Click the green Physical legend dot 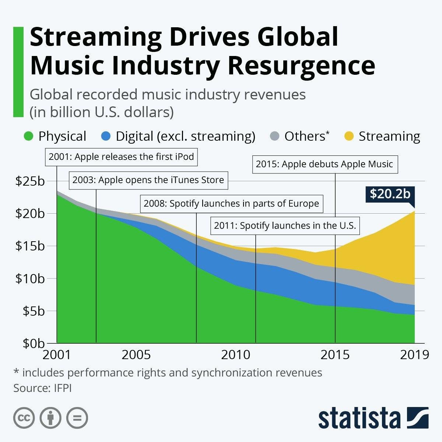29,136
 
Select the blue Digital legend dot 106,136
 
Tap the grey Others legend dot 274,136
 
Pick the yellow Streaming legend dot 349,136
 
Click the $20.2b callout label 390,194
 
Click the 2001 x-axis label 57,355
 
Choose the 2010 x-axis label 235,355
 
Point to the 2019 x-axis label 414,355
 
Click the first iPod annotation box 121,157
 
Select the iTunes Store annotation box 148,180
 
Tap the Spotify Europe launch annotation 231,204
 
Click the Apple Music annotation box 325,164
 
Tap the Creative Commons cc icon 24,418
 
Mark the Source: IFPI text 42,388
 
